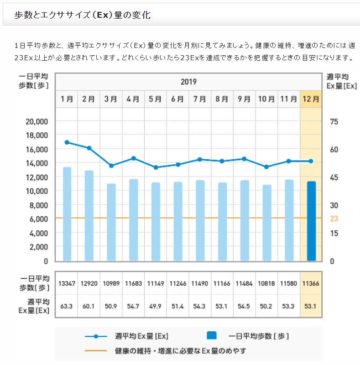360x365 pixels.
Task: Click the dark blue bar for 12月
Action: pyautogui.click(x=311, y=221)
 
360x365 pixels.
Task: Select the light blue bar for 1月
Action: pyautogui.click(x=67, y=214)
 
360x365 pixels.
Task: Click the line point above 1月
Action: pyautogui.click(x=67, y=142)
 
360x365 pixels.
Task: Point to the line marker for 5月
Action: pyautogui.click(x=156, y=167)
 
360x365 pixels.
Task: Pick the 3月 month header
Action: pyautogui.click(x=111, y=99)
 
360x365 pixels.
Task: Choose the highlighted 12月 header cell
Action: pyautogui.click(x=311, y=99)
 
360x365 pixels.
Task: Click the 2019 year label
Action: pyautogui.click(x=188, y=82)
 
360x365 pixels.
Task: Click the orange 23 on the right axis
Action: pyautogui.click(x=334, y=219)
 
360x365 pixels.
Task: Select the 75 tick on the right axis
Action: pyautogui.click(x=334, y=121)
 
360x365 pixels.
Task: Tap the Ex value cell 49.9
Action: pyautogui.click(x=155, y=305)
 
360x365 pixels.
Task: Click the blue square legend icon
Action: pyautogui.click(x=212, y=336)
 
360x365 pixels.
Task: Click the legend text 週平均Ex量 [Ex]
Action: pyautogui.click(x=141, y=337)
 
